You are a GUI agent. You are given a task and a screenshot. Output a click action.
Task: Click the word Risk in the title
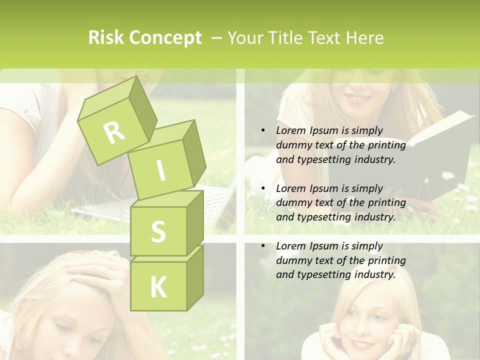tap(106, 38)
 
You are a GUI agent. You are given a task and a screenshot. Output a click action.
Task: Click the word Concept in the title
tap(165, 38)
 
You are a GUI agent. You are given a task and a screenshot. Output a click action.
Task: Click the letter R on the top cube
tap(114, 132)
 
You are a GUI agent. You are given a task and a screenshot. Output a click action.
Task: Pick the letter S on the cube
tap(158, 232)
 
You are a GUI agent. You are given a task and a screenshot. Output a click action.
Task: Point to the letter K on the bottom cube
tap(158, 287)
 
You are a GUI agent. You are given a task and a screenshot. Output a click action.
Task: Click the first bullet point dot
tap(263, 130)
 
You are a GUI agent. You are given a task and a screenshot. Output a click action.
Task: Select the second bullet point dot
tap(263, 188)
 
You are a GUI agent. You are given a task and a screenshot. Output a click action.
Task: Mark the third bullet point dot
tap(263, 246)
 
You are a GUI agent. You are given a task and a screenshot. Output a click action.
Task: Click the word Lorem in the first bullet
tap(290, 130)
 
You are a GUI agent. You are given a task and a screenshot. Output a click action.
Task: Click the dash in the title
tap(217, 38)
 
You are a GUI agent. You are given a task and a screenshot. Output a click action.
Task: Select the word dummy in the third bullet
tap(292, 260)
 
